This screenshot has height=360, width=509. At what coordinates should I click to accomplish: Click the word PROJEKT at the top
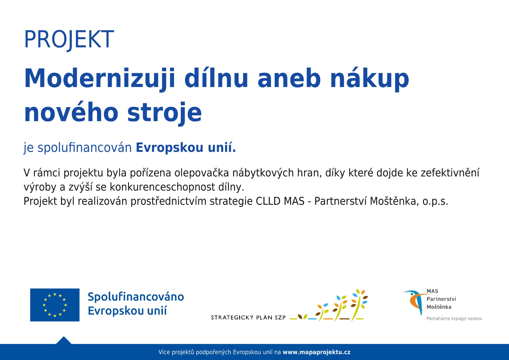coord(69,40)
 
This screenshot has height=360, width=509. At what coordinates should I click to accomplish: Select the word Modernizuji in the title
coord(100,79)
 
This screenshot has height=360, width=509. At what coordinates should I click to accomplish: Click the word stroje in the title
coord(164,112)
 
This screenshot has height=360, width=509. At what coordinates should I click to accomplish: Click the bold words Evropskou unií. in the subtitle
coord(186,148)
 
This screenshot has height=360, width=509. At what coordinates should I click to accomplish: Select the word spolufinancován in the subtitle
coord(85,148)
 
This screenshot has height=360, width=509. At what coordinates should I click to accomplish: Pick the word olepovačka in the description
coord(201,173)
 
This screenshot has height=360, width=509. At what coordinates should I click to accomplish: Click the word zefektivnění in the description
coord(450,173)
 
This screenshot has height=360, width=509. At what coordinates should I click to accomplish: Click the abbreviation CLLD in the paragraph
coord(268,201)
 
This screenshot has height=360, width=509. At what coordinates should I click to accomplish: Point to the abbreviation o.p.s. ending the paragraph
coord(435,202)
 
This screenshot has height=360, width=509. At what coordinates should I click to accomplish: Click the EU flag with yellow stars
coord(55,305)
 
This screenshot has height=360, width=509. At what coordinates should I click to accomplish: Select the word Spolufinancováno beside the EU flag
coord(136,297)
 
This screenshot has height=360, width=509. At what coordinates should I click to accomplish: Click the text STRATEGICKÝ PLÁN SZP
coord(248,317)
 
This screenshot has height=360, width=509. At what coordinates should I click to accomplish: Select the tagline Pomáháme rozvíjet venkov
coord(454,319)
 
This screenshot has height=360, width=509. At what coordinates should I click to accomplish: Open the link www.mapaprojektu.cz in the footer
coord(317,352)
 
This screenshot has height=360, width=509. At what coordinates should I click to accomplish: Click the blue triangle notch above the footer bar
coord(64,341)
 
